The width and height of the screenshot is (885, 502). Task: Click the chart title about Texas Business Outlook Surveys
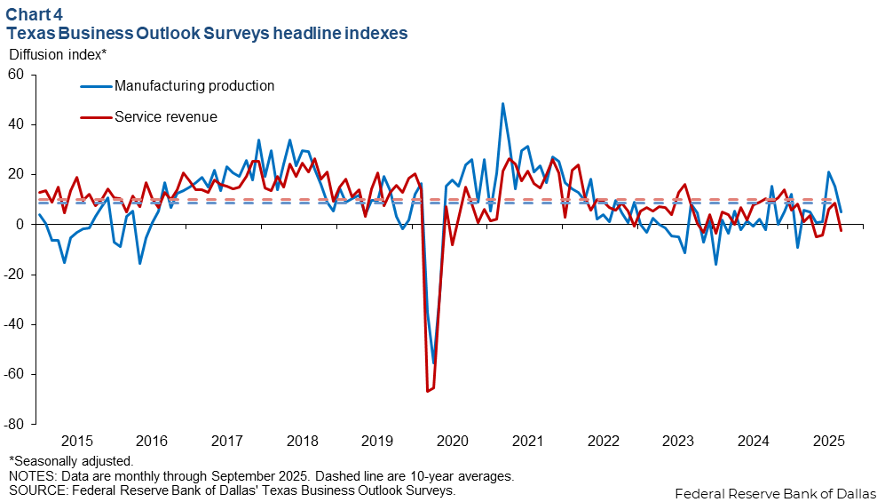[x=207, y=32]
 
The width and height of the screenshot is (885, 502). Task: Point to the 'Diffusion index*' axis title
[x=58, y=53]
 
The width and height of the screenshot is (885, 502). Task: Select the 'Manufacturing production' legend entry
[x=194, y=86]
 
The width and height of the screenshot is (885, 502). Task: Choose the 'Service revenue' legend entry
[x=166, y=116]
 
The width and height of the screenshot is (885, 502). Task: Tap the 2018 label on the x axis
[x=303, y=441]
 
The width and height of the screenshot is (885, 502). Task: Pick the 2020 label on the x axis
[x=453, y=441]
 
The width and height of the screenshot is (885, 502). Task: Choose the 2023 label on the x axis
[x=678, y=441]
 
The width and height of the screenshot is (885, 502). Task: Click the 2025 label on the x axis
[x=828, y=441]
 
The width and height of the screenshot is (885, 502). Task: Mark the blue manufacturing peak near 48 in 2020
[x=502, y=104]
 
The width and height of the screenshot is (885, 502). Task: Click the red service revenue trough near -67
[x=427, y=391]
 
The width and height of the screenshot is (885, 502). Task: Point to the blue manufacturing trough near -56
[x=434, y=363]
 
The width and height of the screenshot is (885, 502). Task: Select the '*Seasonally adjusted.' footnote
[x=71, y=461]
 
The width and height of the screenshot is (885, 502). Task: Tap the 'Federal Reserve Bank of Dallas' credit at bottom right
[x=775, y=493]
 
